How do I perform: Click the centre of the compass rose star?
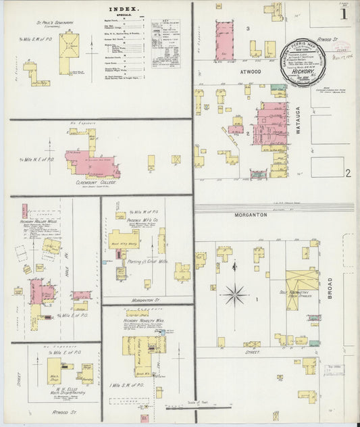point(234,294)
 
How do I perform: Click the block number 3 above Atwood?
point(248,28)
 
